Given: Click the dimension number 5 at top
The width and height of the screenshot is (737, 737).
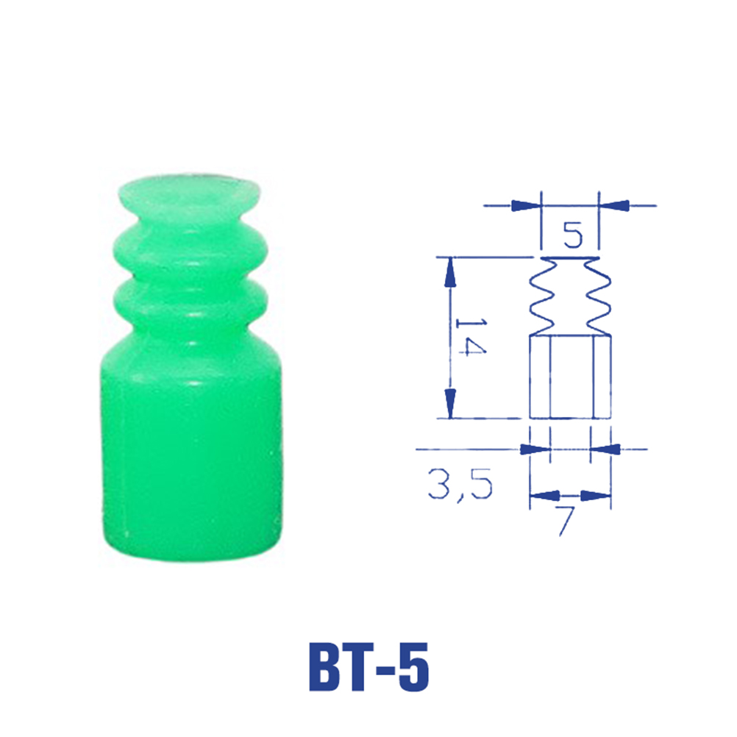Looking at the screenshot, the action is coord(573,235).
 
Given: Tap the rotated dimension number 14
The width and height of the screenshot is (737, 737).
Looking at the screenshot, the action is coord(471,337).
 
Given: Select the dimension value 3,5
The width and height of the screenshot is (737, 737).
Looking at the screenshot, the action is coord(460,484).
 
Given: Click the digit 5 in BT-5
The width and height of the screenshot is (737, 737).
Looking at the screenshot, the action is coord(412,667).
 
